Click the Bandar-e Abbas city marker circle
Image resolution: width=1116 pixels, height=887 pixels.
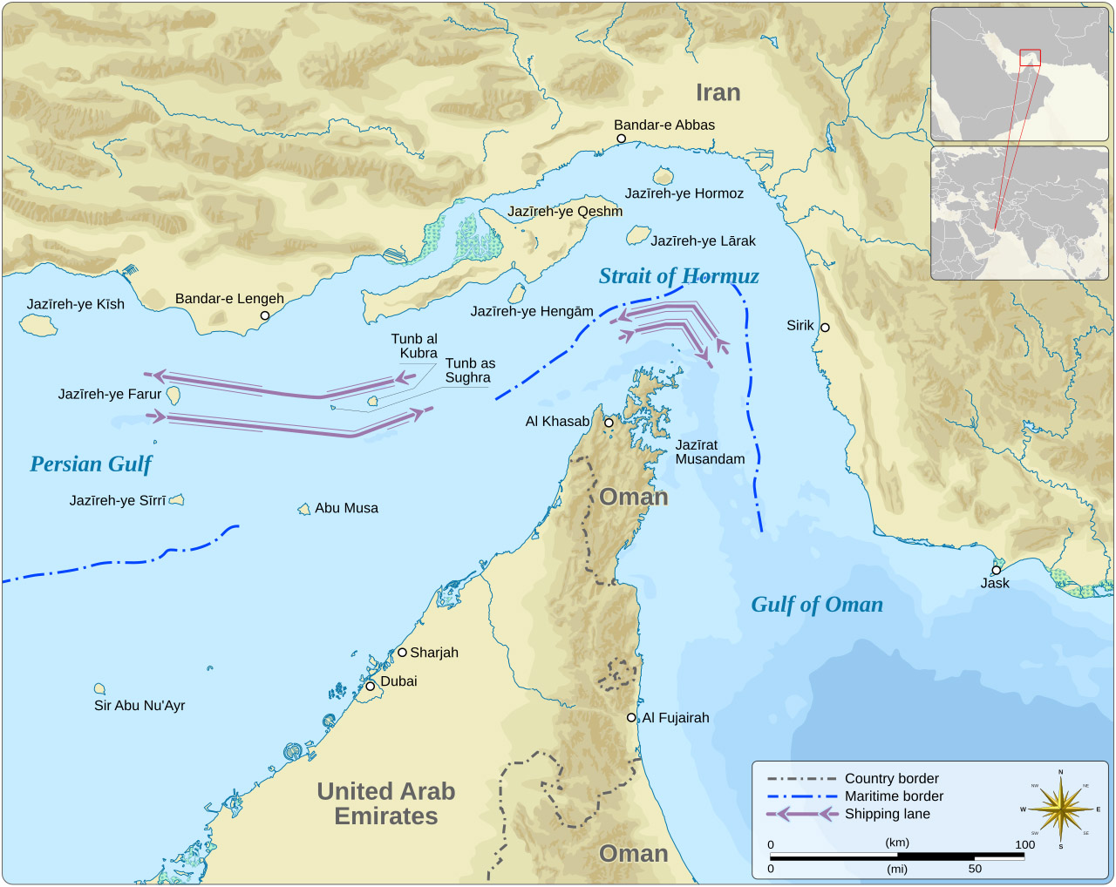(621, 139)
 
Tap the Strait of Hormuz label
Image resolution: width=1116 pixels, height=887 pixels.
(678, 276)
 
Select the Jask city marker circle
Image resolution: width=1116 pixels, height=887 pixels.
(996, 570)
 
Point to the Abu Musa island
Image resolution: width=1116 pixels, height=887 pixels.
(304, 509)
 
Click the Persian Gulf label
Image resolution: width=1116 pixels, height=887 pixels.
(91, 464)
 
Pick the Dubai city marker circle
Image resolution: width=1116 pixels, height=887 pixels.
(370, 687)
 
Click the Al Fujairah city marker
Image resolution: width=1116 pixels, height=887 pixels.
(631, 718)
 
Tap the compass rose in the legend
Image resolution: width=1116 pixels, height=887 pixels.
(1060, 809)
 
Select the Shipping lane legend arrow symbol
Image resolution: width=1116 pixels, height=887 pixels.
(802, 814)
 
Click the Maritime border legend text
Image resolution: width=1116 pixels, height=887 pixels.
(894, 796)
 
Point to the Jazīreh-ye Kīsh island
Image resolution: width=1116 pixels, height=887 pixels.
(38, 325)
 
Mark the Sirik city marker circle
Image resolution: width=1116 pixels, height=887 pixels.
(825, 328)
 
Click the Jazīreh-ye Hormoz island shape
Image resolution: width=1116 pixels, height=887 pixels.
(663, 176)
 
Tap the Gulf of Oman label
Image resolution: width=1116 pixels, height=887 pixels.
(817, 605)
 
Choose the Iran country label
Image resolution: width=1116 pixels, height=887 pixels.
(718, 93)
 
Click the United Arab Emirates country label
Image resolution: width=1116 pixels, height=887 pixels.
(385, 803)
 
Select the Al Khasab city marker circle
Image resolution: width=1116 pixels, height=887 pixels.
(609, 423)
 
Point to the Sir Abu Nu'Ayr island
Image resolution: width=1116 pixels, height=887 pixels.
(99, 689)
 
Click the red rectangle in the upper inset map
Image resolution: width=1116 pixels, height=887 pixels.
(1030, 58)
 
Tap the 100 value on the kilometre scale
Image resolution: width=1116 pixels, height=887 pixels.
(1024, 844)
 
